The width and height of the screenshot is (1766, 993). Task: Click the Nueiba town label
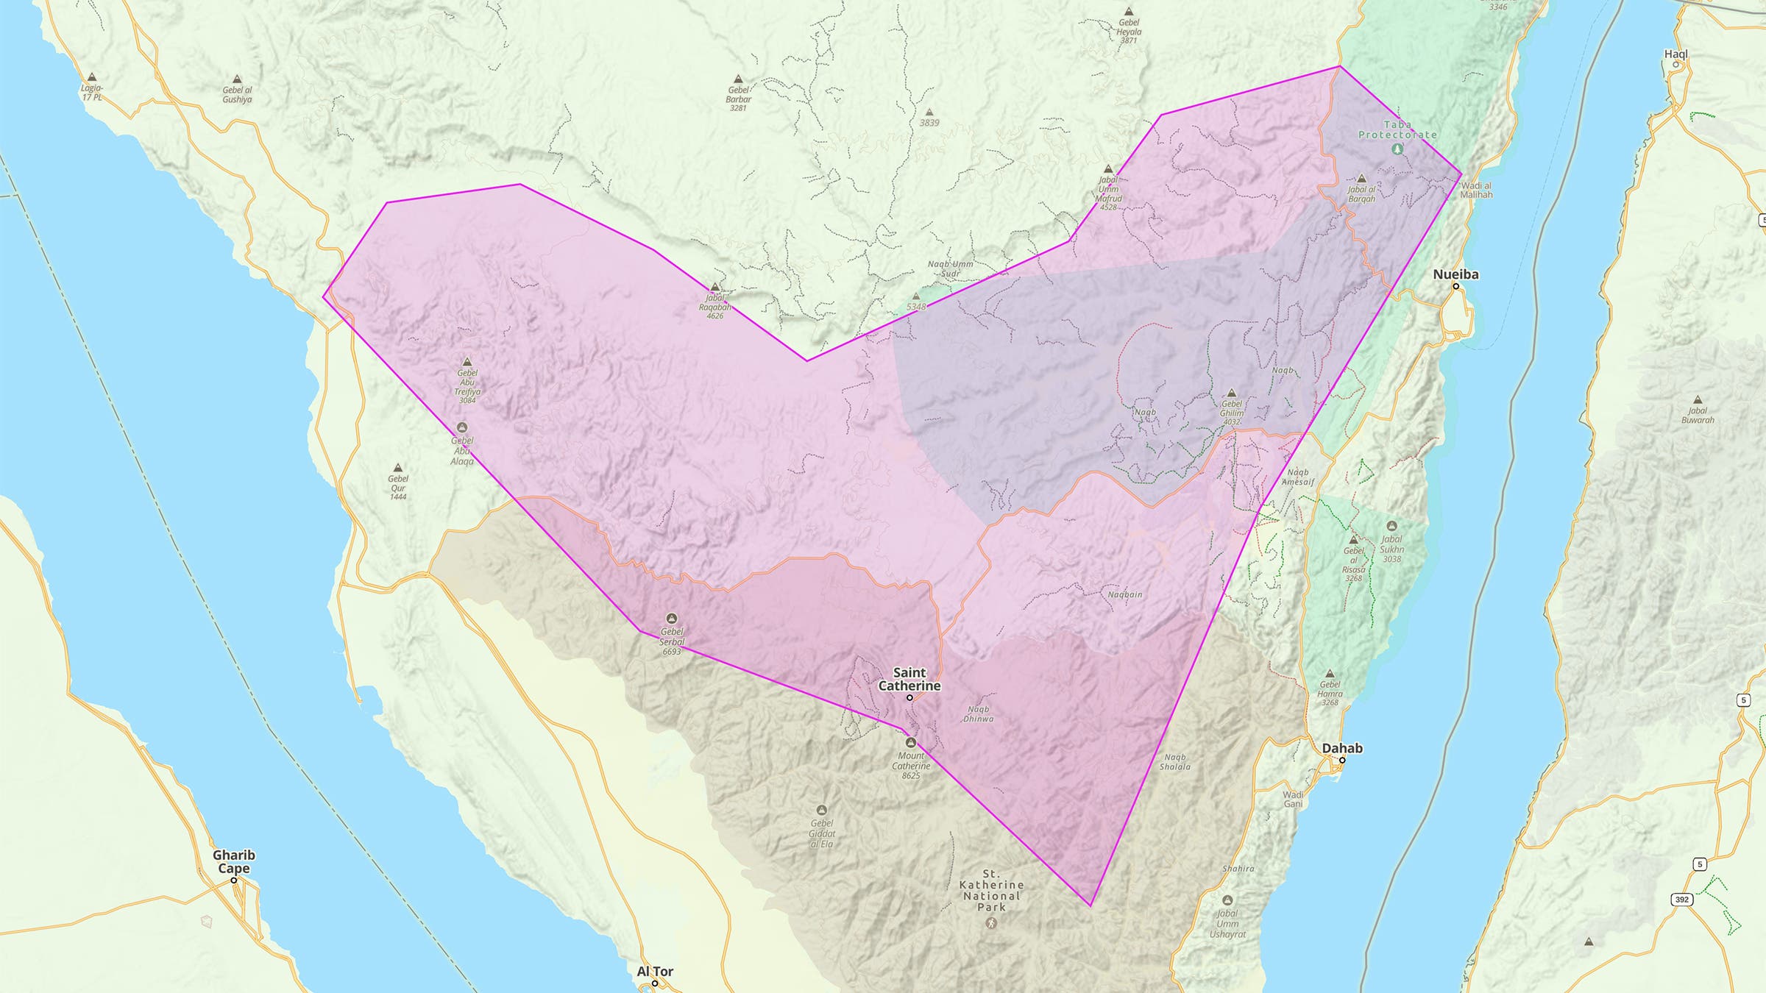[1455, 274]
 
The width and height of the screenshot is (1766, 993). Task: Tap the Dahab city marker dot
[1342, 760]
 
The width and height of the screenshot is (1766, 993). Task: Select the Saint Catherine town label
[909, 679]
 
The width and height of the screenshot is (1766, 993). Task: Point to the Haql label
[1675, 54]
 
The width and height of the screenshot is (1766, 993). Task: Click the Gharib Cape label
[234, 861]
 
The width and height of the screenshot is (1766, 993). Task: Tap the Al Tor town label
[655, 972]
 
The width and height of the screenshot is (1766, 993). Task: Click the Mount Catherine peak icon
[911, 742]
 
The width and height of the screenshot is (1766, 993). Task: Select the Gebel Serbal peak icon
[671, 619]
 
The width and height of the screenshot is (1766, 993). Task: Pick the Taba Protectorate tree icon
[1397, 149]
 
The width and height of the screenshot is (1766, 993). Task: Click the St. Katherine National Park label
[991, 891]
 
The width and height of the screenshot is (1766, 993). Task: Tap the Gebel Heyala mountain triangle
[1129, 12]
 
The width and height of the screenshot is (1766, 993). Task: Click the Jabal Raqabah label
[714, 307]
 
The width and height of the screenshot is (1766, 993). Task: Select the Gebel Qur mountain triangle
[398, 468]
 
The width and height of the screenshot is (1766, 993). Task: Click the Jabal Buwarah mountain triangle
[1698, 400]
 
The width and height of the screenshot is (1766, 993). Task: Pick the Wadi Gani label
[1293, 800]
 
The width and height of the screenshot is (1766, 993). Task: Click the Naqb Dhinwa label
[978, 714]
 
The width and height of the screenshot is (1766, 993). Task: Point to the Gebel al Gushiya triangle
[237, 79]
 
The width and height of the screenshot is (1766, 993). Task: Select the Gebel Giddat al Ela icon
[822, 810]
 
